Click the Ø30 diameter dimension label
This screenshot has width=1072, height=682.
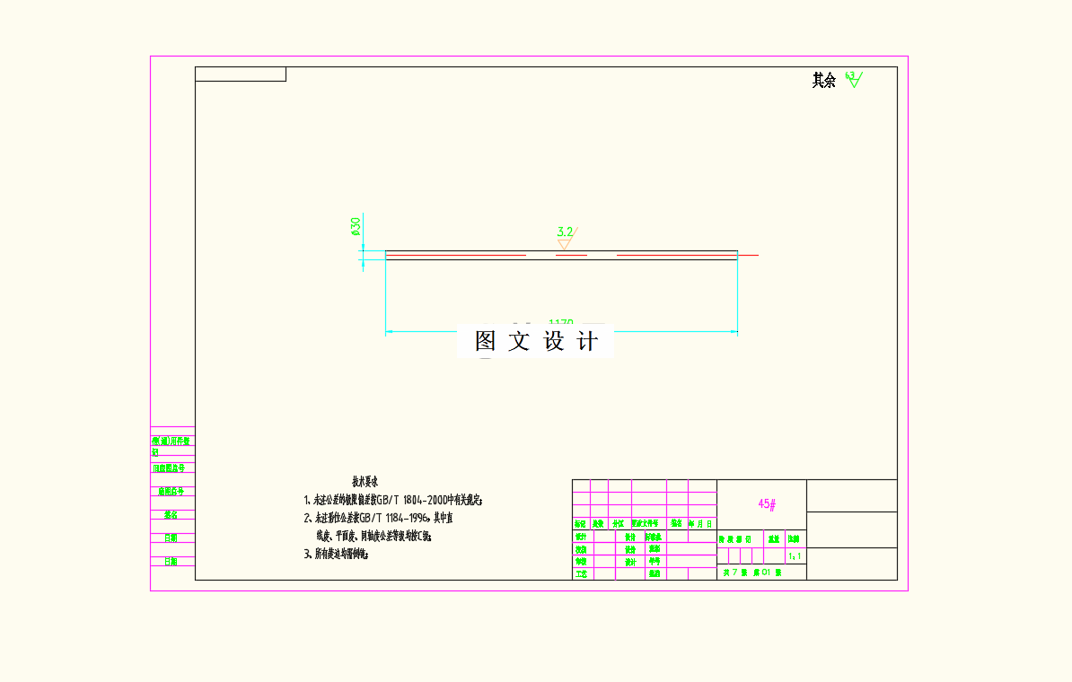click(356, 225)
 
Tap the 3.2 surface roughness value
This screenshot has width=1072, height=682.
click(564, 232)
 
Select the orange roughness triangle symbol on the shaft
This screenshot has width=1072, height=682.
click(565, 243)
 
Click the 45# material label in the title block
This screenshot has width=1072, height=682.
click(767, 504)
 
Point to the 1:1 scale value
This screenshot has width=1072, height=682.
click(795, 556)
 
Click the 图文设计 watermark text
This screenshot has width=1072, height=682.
click(536, 341)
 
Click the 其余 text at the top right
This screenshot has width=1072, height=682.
click(823, 81)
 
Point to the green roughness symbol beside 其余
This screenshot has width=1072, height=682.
click(853, 80)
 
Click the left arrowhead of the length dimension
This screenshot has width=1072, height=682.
click(389, 332)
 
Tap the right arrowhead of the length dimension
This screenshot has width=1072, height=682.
click(734, 332)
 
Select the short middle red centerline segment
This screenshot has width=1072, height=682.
click(571, 256)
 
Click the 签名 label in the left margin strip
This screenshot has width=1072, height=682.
click(170, 515)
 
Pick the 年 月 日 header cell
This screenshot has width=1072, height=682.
click(700, 523)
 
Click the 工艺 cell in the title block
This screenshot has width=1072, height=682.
click(581, 573)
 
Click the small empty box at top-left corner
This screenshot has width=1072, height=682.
click(241, 74)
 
